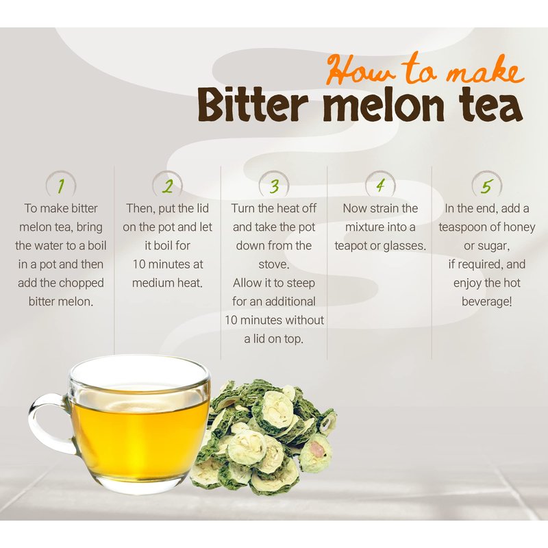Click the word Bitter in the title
point(252,104)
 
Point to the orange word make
point(486,73)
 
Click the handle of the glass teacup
point(49,422)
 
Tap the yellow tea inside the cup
point(140,440)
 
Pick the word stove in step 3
point(273,264)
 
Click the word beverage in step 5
point(486,301)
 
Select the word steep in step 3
point(301,283)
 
